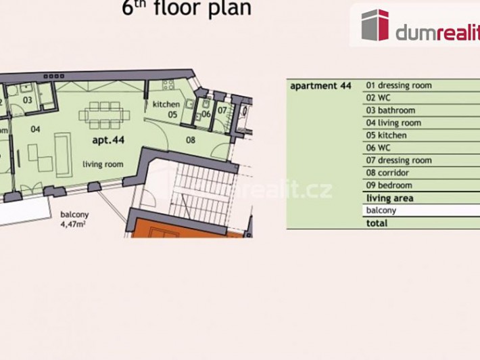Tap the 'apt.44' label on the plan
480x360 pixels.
coord(108,141)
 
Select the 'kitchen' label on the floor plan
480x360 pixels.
coord(166,104)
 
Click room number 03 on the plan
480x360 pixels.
coord(27,100)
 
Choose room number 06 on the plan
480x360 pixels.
coord(206,114)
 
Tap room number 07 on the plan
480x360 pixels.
coord(222,110)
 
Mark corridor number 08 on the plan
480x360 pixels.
coord(191,140)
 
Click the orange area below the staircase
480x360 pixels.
coord(183,229)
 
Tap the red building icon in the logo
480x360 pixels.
coord(375,26)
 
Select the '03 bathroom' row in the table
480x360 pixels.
coord(391,110)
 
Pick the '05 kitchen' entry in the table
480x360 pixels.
coord(387,135)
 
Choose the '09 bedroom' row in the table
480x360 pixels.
coord(389,185)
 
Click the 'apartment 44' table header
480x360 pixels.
coord(322,86)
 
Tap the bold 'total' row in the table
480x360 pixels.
coord(377,223)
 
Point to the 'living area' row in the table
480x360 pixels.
coord(389,198)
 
